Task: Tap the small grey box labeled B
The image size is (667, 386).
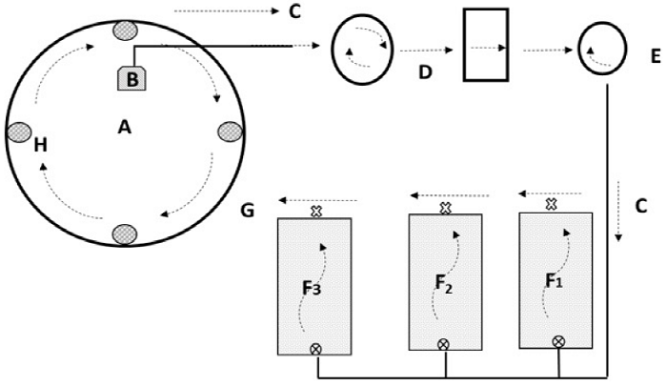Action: pyautogui.click(x=131, y=78)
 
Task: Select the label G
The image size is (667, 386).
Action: pyautogui.click(x=247, y=209)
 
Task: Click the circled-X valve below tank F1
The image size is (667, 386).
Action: pyautogui.click(x=558, y=341)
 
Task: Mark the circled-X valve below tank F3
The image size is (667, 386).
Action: pyautogui.click(x=315, y=351)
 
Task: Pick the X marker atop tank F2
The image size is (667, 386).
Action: pyautogui.click(x=444, y=208)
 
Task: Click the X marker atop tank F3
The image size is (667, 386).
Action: pyautogui.click(x=316, y=212)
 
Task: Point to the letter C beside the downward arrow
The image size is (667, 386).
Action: pyautogui.click(x=640, y=204)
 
